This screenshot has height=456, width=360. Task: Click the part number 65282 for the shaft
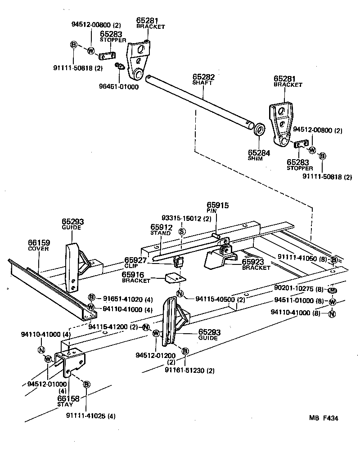click(203, 77)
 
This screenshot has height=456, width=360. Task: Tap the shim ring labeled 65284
click(260, 130)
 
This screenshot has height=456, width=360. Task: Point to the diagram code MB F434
click(323, 418)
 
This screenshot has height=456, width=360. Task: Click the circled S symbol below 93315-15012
click(182, 231)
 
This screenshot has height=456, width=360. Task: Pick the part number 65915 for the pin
click(218, 205)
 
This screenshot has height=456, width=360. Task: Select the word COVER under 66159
click(39, 249)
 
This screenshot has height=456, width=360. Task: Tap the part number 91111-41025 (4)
click(90, 416)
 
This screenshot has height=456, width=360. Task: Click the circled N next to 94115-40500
click(180, 294)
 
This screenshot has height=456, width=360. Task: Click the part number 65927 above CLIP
click(135, 260)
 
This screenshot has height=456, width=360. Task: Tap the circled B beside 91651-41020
click(91, 297)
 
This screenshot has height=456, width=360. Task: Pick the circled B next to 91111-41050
click(334, 260)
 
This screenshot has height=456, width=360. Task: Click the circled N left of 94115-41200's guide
click(145, 327)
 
